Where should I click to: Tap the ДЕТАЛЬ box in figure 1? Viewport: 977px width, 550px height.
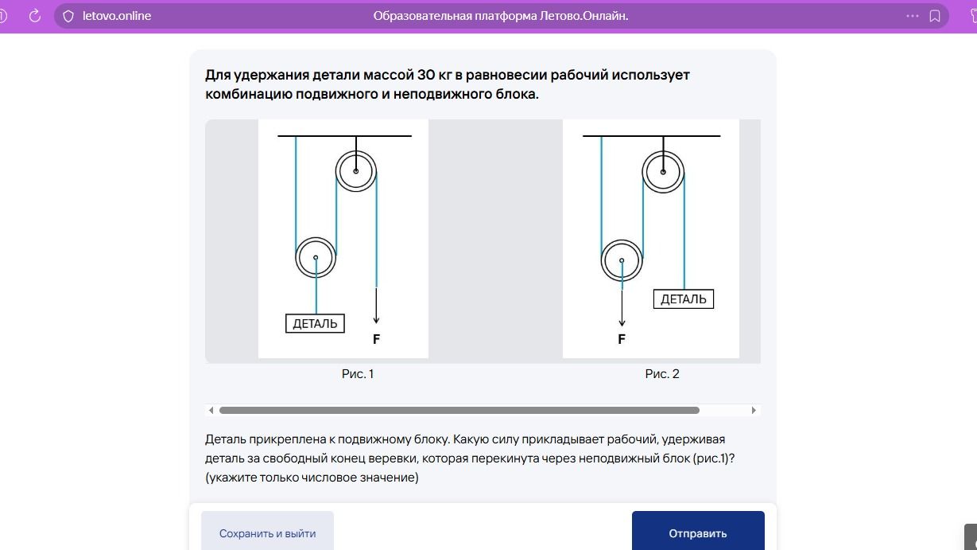pos(315,323)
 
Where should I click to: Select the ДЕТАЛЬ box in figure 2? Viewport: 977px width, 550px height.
pos(684,298)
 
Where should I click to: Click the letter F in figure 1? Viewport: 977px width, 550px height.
pos(376,339)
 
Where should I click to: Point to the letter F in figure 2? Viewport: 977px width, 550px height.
pos(622,339)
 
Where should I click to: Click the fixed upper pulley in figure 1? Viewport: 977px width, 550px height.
pos(356,151)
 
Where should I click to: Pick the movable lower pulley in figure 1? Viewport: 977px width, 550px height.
pos(316,238)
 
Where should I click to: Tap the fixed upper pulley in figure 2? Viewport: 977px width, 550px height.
pos(663,151)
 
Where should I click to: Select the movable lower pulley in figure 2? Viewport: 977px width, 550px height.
pos(622,240)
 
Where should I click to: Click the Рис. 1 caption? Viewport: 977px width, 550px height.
pos(357,374)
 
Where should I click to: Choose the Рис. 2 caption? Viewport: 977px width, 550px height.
pos(662,374)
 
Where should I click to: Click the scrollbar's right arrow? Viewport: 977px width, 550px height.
pos(754,410)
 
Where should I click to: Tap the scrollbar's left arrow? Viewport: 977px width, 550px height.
pos(211,410)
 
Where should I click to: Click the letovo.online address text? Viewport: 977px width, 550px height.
pos(117,16)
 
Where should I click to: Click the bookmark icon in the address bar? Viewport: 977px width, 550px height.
pos(935,16)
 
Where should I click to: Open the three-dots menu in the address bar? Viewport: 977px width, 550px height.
pos(913,16)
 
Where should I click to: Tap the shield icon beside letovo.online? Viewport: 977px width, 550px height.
pos(68,16)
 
